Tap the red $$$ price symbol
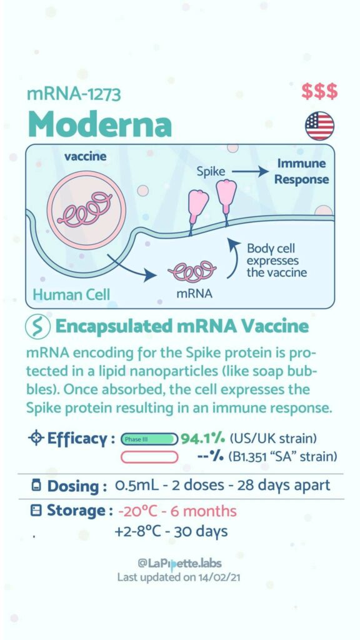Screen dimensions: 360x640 [319, 91]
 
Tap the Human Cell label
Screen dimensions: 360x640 [71, 294]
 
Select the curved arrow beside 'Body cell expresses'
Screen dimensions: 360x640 [233, 257]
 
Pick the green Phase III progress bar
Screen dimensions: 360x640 [149, 439]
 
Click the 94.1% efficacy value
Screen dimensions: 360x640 [203, 439]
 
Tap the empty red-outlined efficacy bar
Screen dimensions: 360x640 [149, 457]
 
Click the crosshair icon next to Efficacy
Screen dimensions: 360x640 [36, 439]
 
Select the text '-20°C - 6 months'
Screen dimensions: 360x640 [177, 511]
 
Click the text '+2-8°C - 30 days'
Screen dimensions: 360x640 [171, 531]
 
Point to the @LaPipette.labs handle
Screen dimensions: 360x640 [180, 564]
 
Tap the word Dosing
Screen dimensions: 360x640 [77, 486]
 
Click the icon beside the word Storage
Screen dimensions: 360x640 [36, 511]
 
